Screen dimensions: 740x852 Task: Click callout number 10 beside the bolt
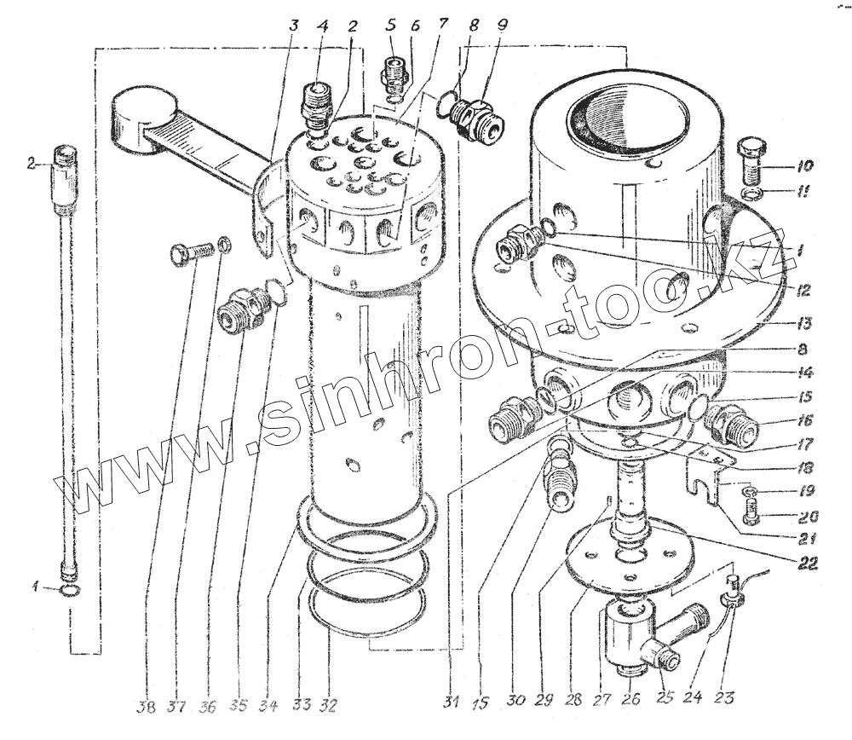coord(805,165)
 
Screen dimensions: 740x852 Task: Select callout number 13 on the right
coord(804,324)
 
